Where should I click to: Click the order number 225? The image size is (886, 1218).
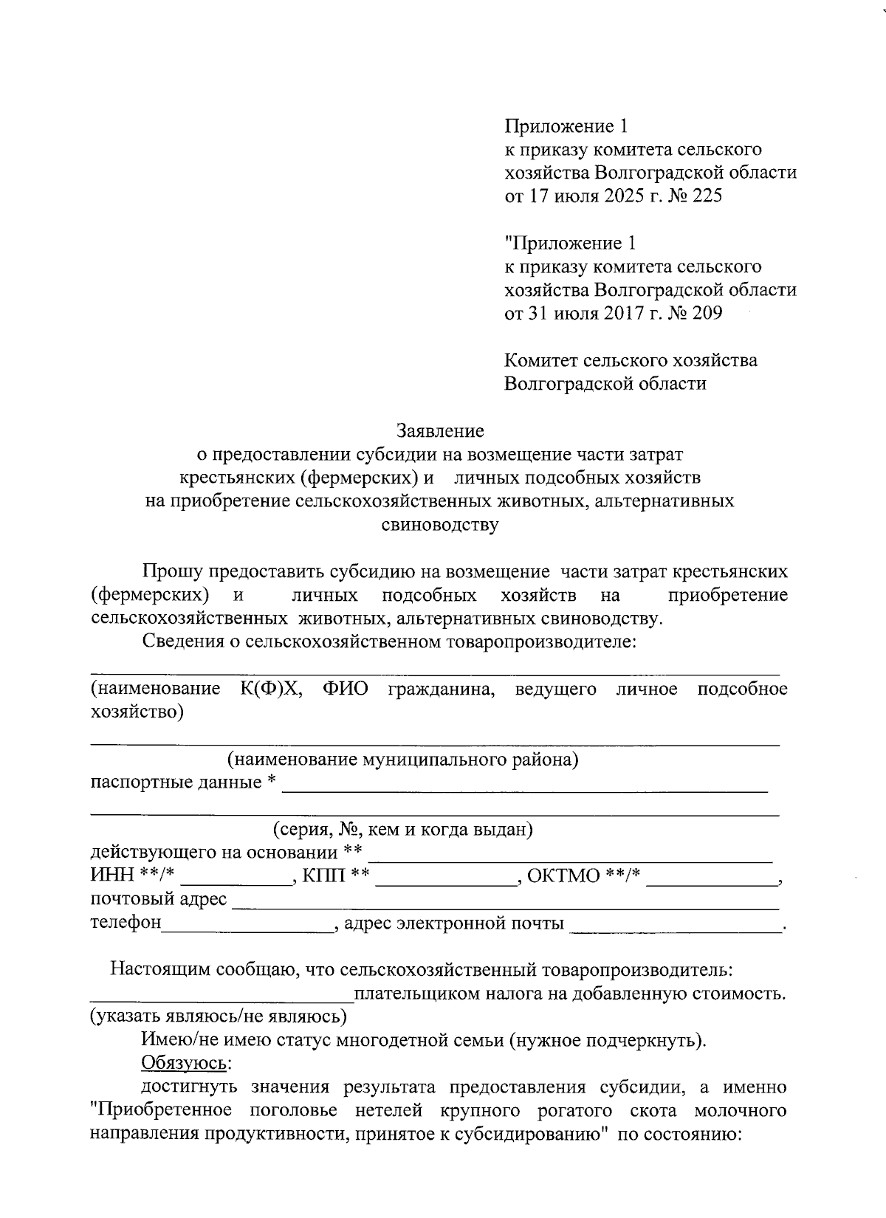[x=707, y=196]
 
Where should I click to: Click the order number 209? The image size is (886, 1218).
[x=707, y=313]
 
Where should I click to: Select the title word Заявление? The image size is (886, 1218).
[x=440, y=430]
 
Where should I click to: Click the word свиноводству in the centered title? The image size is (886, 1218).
[x=440, y=526]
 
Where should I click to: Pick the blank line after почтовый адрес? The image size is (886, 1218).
[x=506, y=906]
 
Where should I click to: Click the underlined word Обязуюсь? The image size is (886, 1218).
[x=186, y=1064]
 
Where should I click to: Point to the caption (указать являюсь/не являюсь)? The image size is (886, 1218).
[x=219, y=1016]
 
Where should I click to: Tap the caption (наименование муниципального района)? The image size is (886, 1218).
[x=402, y=759]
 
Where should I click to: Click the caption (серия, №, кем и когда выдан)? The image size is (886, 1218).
[x=403, y=829]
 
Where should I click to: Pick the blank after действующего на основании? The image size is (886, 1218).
[x=570, y=859]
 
